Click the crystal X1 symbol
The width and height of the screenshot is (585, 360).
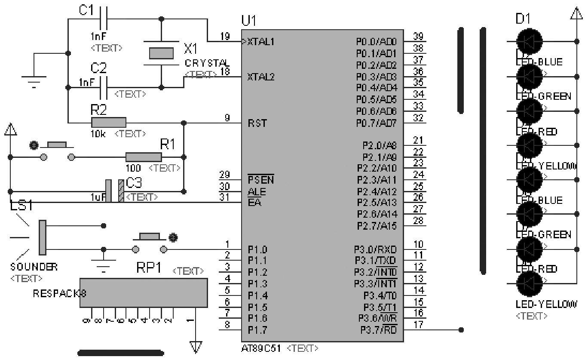coord(161,53)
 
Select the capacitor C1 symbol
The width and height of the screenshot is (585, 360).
coord(103,19)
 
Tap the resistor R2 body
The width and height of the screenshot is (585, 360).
coord(108,123)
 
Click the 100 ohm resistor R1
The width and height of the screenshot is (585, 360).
coord(144,157)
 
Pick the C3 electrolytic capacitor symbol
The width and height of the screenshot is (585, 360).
coord(115,191)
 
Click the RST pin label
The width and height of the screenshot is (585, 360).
coord(257,123)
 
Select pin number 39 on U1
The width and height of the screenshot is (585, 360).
coord(418,36)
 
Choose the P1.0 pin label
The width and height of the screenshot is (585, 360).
coord(257,249)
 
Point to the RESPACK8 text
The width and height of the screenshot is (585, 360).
coord(59,294)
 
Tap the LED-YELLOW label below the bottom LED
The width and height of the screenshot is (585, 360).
coord(546,305)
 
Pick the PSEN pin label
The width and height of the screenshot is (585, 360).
coord(260,179)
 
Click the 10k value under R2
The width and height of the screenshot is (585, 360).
coord(97,134)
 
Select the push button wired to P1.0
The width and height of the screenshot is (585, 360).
coord(150,243)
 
